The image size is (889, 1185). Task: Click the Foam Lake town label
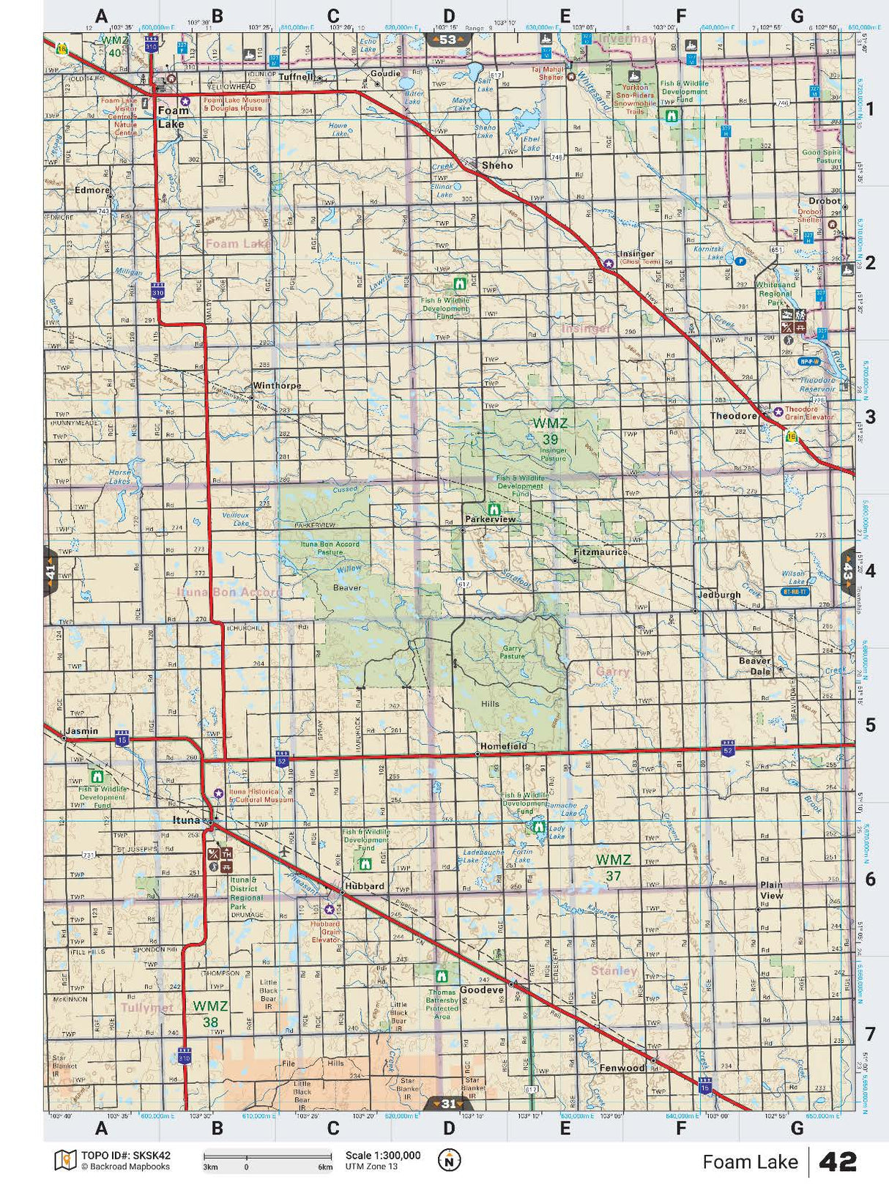(174, 116)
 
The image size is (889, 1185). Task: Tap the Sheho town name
(497, 166)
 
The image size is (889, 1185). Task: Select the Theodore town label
(733, 416)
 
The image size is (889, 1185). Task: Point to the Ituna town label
(186, 820)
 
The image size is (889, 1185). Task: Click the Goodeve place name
(481, 989)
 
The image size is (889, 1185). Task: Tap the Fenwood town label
(622, 1068)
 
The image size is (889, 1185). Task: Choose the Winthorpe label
(277, 386)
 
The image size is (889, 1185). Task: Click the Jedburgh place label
(719, 595)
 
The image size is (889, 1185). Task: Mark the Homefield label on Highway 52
(503, 746)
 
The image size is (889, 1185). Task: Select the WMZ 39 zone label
(550, 431)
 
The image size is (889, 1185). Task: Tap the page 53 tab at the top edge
(447, 40)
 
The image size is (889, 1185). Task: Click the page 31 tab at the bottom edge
(447, 1104)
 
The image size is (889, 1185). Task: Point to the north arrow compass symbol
(449, 1159)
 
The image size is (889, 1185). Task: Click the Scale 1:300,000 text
(383, 1155)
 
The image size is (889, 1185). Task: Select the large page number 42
(837, 1162)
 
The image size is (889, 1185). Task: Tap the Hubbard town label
(364, 885)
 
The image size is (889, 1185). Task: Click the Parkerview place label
(490, 519)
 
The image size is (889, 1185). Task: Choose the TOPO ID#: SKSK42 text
(125, 1155)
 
